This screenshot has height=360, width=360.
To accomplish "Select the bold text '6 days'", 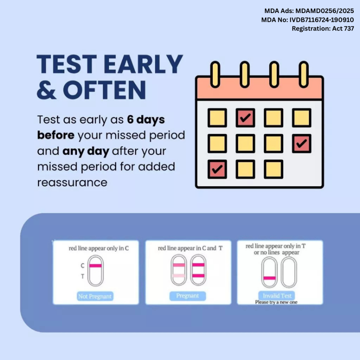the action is [146, 120].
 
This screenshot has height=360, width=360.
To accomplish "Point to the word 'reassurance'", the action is [72, 183].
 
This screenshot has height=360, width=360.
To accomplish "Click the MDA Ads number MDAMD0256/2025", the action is [324, 11].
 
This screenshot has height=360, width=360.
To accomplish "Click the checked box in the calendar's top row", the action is [245, 118].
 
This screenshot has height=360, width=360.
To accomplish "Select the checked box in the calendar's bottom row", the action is [217, 169].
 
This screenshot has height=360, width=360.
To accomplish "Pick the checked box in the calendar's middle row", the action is [302, 143].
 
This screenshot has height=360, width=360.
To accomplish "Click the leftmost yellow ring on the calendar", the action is [215, 75].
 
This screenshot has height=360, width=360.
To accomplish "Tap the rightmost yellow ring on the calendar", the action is [303, 75].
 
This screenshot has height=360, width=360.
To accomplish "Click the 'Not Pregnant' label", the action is [95, 296].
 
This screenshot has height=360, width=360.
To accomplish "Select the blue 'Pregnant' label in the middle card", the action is [188, 296].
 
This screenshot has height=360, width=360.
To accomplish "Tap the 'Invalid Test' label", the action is [277, 296].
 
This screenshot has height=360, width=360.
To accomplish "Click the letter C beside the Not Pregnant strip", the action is [83, 266].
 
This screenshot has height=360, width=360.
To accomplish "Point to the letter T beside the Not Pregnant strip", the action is [83, 276].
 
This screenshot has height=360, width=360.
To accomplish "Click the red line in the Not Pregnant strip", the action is [96, 266].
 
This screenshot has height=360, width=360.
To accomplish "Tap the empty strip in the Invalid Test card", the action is [289, 272].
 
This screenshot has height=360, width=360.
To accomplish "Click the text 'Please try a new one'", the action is [276, 302].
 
